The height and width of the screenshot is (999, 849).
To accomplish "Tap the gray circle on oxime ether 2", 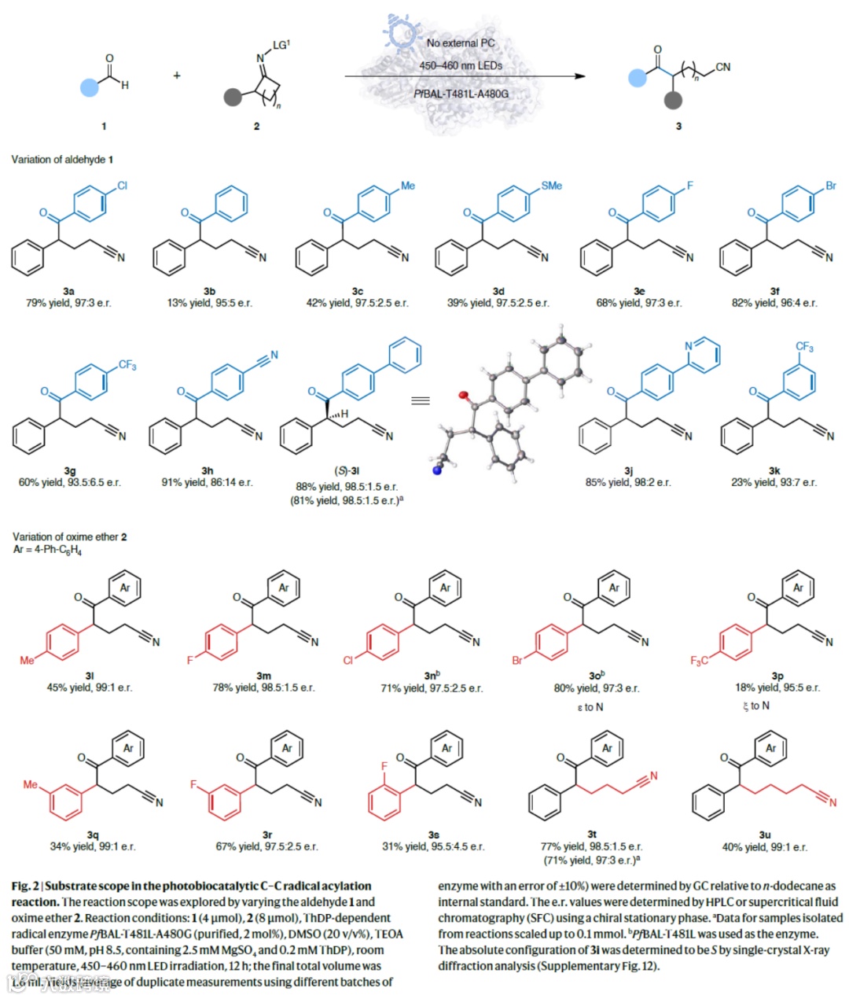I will pyautogui.click(x=232, y=98).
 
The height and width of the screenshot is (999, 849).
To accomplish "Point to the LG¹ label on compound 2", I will pyautogui.click(x=281, y=45).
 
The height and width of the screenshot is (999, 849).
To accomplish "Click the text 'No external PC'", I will pyautogui.click(x=461, y=43).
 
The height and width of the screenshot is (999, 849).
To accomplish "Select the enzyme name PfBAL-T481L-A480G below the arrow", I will pyautogui.click(x=461, y=94).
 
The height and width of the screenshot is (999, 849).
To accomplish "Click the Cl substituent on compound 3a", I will pyautogui.click(x=122, y=186).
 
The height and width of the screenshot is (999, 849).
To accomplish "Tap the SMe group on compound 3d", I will pyautogui.click(x=551, y=186).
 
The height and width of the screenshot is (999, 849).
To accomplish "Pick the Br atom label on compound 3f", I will pyautogui.click(x=831, y=186).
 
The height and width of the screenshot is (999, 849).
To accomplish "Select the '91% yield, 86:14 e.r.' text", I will pyautogui.click(x=208, y=482).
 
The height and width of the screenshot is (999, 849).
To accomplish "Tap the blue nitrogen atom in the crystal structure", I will pyautogui.click(x=433, y=471).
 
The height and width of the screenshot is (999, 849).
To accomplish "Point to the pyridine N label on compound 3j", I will pyautogui.click(x=689, y=346).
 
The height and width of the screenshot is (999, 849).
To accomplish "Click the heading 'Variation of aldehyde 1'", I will pyautogui.click(x=62, y=160).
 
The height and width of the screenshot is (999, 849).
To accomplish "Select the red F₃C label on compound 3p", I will pyautogui.click(x=699, y=661).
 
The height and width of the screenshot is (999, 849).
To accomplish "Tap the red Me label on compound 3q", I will pyautogui.click(x=30, y=784).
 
